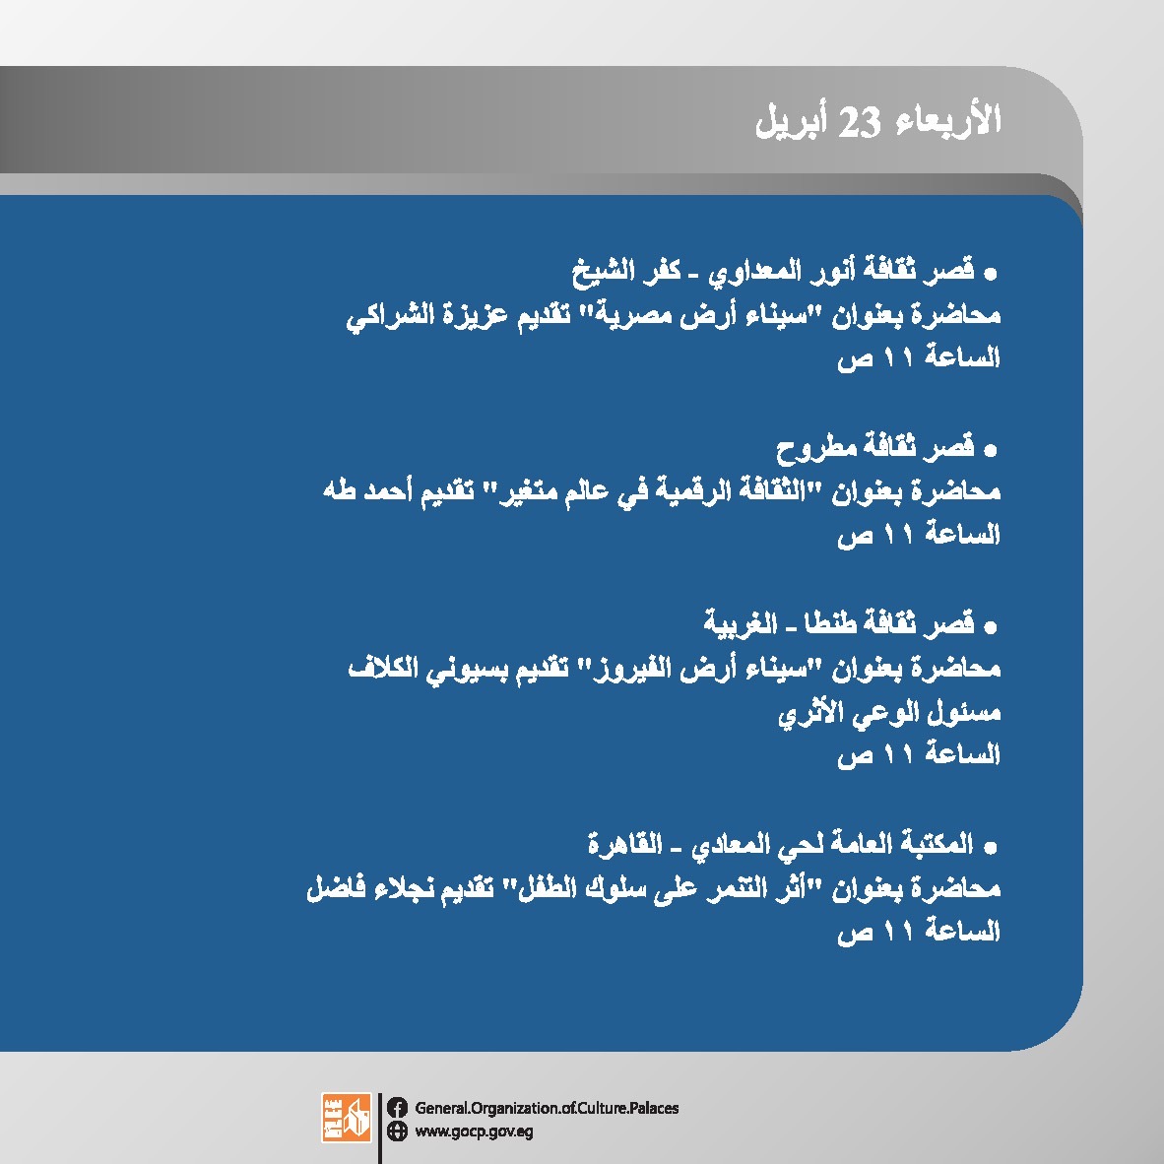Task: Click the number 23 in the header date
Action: click(859, 121)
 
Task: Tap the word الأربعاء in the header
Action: click(948, 119)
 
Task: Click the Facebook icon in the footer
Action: click(397, 1108)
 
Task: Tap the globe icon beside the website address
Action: click(397, 1131)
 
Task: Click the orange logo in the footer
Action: click(346, 1117)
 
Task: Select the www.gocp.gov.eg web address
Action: click(474, 1132)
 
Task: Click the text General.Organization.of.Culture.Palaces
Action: click(547, 1108)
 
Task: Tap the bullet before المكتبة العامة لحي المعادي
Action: click(990, 847)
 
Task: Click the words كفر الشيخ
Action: click(625, 270)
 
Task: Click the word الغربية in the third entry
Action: click(740, 622)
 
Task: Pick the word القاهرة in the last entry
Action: click(624, 843)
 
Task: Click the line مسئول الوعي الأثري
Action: click(889, 713)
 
